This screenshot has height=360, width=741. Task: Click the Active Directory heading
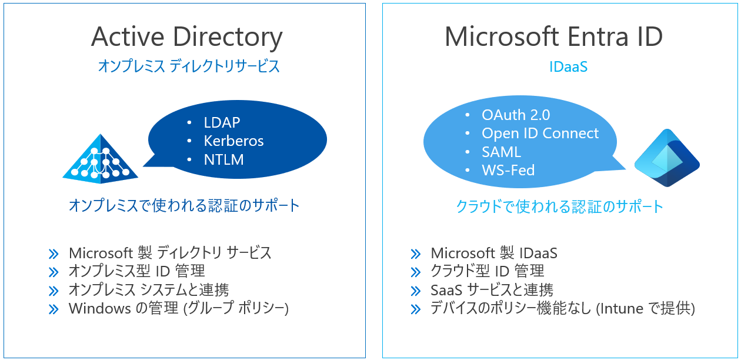click(x=186, y=37)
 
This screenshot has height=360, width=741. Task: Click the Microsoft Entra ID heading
click(x=553, y=37)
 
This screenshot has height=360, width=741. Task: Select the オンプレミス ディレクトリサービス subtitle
click(x=189, y=66)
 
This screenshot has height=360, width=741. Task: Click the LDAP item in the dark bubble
click(x=222, y=123)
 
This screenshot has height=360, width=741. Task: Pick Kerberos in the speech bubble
click(x=233, y=141)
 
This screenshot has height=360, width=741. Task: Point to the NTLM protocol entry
click(x=223, y=159)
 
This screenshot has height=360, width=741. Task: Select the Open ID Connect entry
click(x=540, y=134)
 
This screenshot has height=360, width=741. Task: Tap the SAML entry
click(x=501, y=152)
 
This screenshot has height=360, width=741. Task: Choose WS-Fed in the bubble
click(x=508, y=171)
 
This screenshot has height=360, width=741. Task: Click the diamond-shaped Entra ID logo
click(x=667, y=158)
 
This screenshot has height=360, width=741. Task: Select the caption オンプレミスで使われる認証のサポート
click(x=185, y=206)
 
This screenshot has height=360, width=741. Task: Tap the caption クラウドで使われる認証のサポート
click(x=559, y=206)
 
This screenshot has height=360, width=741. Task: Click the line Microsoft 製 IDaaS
click(x=493, y=254)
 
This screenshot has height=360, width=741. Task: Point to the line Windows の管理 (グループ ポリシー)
click(x=179, y=308)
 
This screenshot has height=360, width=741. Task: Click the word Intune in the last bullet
click(x=619, y=308)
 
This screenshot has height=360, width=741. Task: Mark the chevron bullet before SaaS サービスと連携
click(x=416, y=291)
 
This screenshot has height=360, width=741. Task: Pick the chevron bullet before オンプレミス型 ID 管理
click(x=54, y=272)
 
